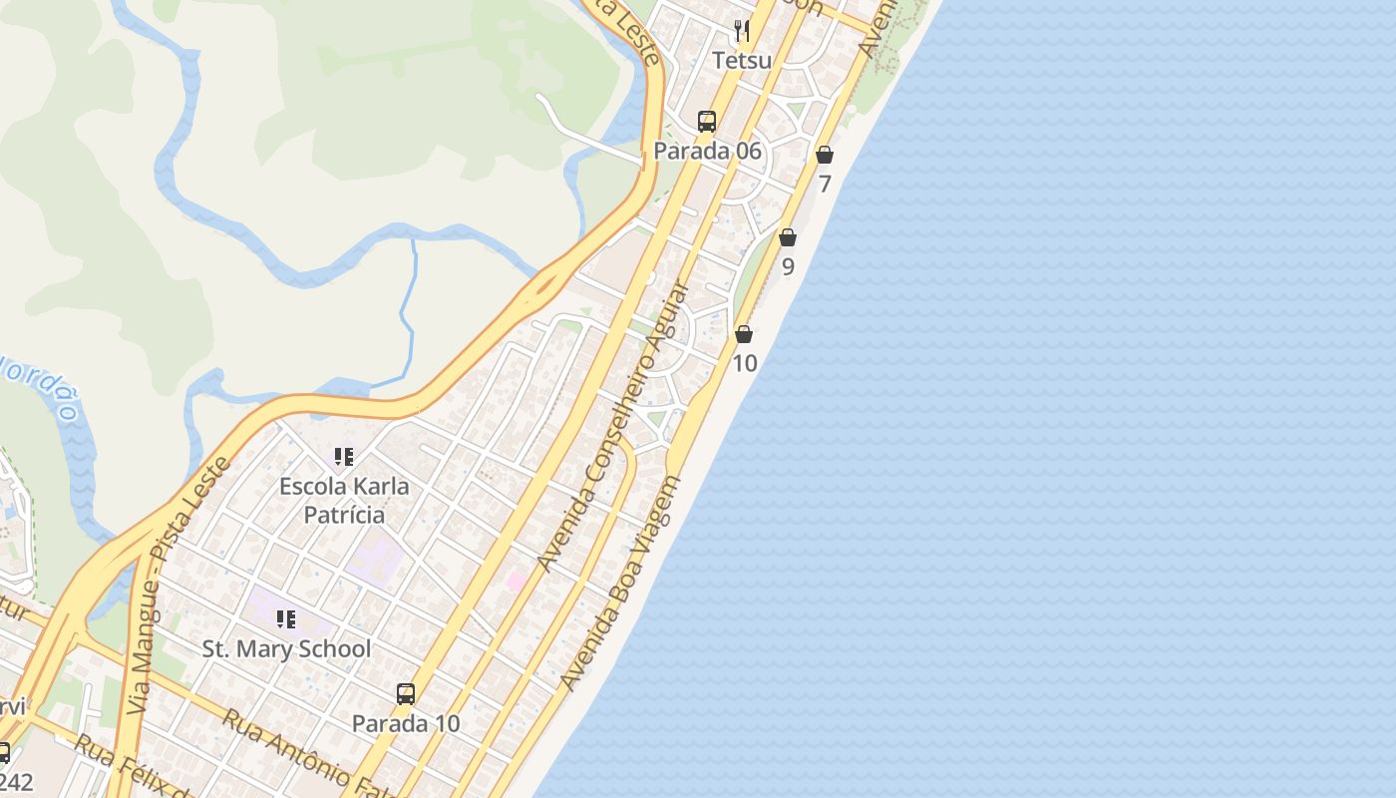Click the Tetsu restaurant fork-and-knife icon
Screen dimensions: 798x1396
click(741, 31)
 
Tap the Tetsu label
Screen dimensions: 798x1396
click(742, 61)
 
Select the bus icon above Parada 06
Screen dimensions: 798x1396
click(707, 122)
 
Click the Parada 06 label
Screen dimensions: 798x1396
click(707, 151)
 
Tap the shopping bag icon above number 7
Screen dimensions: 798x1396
click(825, 155)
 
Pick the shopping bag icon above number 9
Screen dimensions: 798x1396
click(788, 237)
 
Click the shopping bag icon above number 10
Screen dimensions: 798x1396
click(744, 334)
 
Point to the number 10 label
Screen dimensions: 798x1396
click(745, 363)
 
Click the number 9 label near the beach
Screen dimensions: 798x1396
click(788, 266)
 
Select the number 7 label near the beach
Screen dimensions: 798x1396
click(825, 184)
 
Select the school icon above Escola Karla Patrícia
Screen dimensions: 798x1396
click(344, 457)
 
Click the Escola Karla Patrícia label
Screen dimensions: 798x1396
click(344, 500)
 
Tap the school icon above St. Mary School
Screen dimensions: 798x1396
click(286, 619)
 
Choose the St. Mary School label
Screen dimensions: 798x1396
click(287, 648)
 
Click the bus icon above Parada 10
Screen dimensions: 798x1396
click(406, 693)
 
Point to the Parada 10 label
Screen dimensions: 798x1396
click(406, 723)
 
